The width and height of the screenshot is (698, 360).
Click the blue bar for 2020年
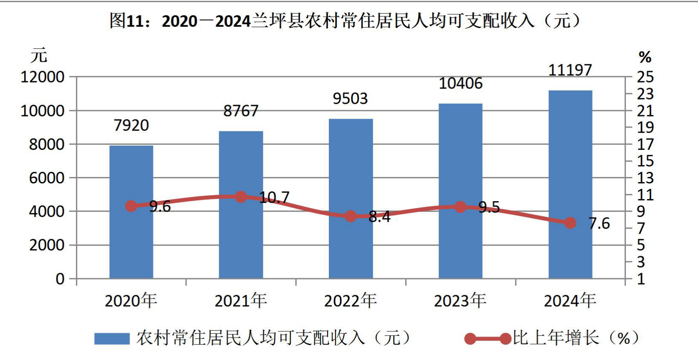click(x=131, y=212)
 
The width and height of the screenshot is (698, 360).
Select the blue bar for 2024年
click(x=570, y=184)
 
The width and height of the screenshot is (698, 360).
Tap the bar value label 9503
click(x=350, y=98)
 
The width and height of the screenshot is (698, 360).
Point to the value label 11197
click(x=570, y=70)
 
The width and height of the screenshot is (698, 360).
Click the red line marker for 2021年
click(x=241, y=197)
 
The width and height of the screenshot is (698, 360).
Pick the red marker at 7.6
click(x=570, y=223)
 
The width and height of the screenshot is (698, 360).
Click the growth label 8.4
click(x=379, y=217)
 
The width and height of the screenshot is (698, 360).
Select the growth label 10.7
click(x=274, y=197)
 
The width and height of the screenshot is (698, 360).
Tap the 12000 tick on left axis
click(x=43, y=77)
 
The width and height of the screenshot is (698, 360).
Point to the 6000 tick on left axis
click(x=47, y=178)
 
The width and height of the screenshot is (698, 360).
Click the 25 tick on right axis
click(x=645, y=77)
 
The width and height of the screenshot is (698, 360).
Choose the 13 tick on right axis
click(x=645, y=178)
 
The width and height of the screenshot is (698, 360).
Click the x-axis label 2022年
click(x=350, y=301)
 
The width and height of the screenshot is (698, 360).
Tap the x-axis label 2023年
click(x=460, y=301)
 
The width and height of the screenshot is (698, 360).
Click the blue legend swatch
click(x=112, y=338)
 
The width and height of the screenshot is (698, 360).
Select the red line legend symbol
click(x=488, y=338)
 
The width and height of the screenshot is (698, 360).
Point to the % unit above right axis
click(x=645, y=57)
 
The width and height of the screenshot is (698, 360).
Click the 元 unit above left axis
click(x=39, y=55)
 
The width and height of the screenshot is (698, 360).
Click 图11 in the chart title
click(x=127, y=21)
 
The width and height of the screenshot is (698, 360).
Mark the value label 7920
click(x=131, y=125)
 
